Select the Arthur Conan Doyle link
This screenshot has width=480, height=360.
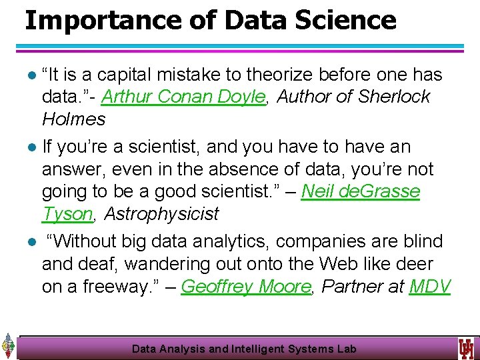[x=184, y=97]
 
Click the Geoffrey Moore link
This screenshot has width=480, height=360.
[x=246, y=287]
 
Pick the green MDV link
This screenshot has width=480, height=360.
[x=430, y=287]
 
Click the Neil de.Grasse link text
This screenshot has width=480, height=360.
[x=361, y=191]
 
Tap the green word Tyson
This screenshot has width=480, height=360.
[x=67, y=214]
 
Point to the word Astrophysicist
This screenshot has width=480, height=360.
[x=161, y=214]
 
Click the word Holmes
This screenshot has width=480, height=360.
[x=74, y=119]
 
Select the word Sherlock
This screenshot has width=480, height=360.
[x=394, y=97]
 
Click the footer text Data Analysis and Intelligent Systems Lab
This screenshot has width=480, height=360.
[x=244, y=349]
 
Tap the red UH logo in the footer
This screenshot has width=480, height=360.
[x=465, y=348]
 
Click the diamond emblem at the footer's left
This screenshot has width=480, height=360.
[x=8, y=347]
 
